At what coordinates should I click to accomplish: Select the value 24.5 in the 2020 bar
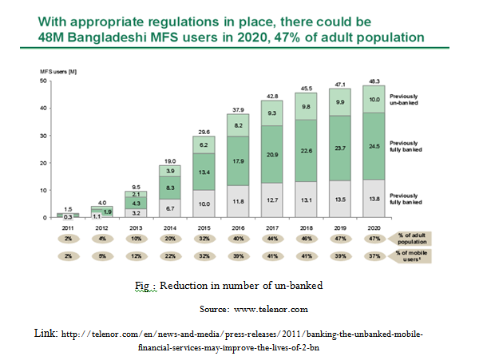click(374, 146)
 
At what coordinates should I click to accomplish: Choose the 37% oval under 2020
click(374, 255)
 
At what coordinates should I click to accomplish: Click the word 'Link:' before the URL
click(48, 330)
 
